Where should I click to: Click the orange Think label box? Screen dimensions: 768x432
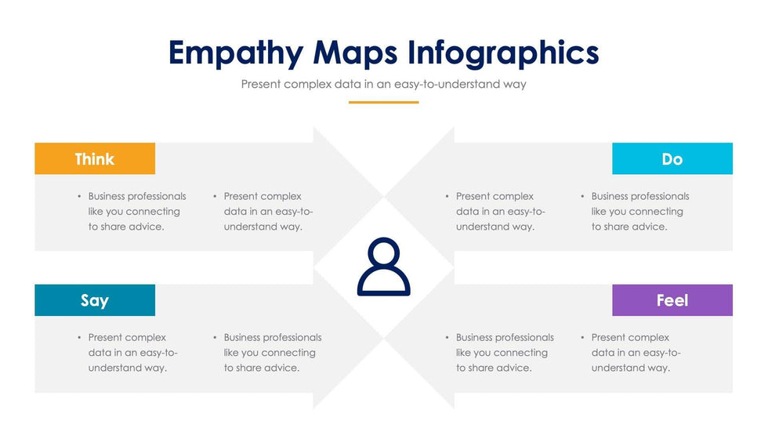coord(95,158)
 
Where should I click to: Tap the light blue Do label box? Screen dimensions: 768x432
coord(672,158)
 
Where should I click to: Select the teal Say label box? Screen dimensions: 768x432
coord(95,300)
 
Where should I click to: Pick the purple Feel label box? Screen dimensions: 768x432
coord(672,300)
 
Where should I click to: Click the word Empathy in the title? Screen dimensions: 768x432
coord(236,53)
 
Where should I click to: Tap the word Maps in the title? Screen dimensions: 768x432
coord(355,53)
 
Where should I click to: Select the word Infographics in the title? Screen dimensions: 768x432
coord(503,53)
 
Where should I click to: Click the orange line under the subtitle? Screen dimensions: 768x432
coord(383,103)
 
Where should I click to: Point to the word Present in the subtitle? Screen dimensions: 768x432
coord(260,84)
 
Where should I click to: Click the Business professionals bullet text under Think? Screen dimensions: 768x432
coord(137,211)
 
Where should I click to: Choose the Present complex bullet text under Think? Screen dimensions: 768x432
coord(268,211)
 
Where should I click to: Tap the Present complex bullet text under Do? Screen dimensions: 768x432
coord(501,211)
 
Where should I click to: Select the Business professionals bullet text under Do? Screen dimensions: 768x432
coord(640,211)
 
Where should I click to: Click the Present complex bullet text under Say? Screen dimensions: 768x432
coord(132,353)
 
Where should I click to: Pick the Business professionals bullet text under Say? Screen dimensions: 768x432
coord(273,353)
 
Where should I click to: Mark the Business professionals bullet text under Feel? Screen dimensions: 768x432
coord(505,353)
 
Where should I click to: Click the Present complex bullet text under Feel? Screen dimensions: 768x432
coord(636,353)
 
